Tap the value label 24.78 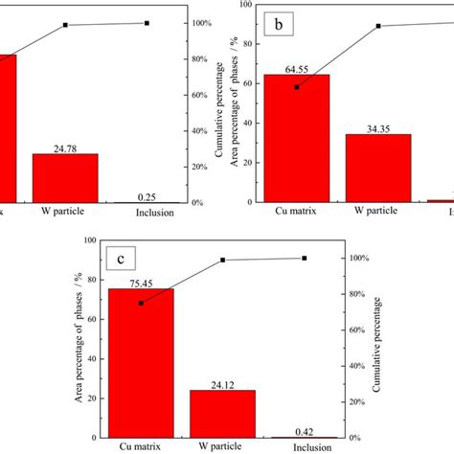65,147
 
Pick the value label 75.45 142,283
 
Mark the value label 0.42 304,429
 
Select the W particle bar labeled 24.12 222,413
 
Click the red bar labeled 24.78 65,177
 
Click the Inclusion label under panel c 304,447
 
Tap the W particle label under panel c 222,447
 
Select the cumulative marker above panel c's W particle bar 222,260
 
